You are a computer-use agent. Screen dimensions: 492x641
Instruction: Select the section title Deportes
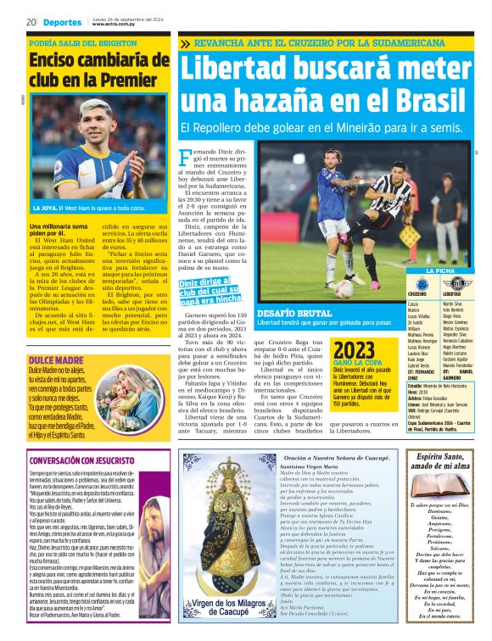pyautogui.click(x=62, y=22)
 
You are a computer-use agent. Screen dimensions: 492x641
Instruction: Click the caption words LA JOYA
pyautogui.click(x=45, y=208)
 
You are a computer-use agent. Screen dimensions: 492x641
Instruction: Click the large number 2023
pyautogui.click(x=353, y=351)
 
